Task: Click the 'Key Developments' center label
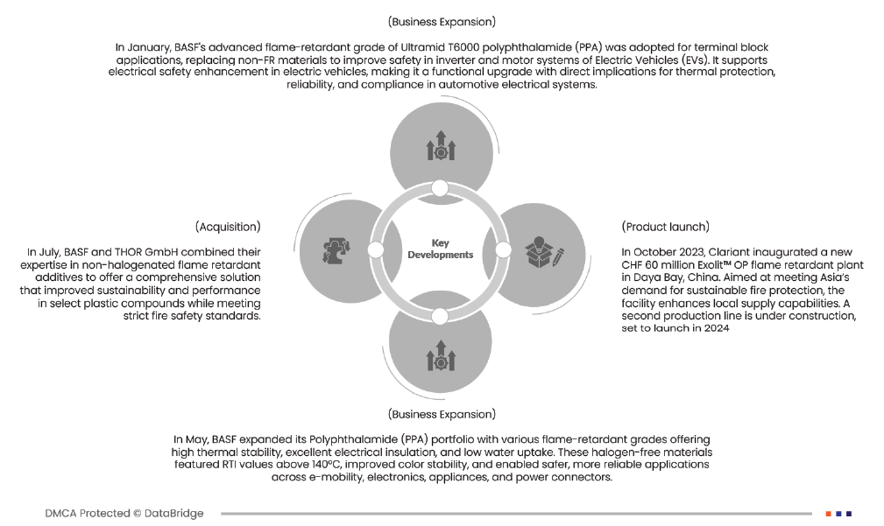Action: pyautogui.click(x=440, y=249)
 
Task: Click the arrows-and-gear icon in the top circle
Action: pyautogui.click(x=441, y=145)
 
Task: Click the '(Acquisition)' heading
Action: pyautogui.click(x=228, y=227)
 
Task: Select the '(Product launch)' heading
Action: pyautogui.click(x=666, y=227)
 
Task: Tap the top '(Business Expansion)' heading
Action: pyautogui.click(x=442, y=20)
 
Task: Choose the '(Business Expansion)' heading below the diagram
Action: pyautogui.click(x=442, y=413)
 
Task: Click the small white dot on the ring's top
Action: pyautogui.click(x=441, y=188)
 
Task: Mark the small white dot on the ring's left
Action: pyautogui.click(x=376, y=250)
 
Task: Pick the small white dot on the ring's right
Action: pyautogui.click(x=503, y=250)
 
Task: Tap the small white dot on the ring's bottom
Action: pyautogui.click(x=441, y=312)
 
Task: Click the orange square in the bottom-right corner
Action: pyautogui.click(x=828, y=514)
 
